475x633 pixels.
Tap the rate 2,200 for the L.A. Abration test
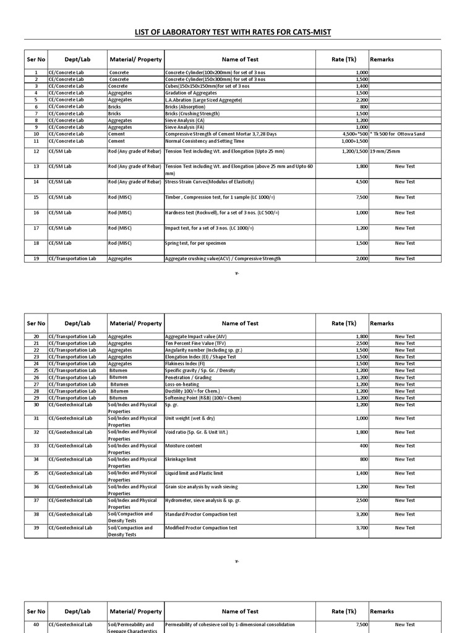click(362, 100)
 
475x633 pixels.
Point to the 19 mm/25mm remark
click(385, 151)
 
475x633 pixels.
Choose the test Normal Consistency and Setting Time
click(205, 141)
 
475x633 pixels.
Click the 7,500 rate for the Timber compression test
click(362, 197)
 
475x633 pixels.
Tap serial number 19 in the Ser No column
click(36, 258)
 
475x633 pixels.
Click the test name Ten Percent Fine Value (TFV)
click(196, 343)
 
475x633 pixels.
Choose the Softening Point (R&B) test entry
click(204, 397)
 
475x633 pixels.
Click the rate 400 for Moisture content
click(364, 446)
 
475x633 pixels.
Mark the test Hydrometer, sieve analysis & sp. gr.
click(203, 500)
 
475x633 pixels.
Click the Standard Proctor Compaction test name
click(201, 514)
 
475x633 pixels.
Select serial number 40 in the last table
click(36, 624)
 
